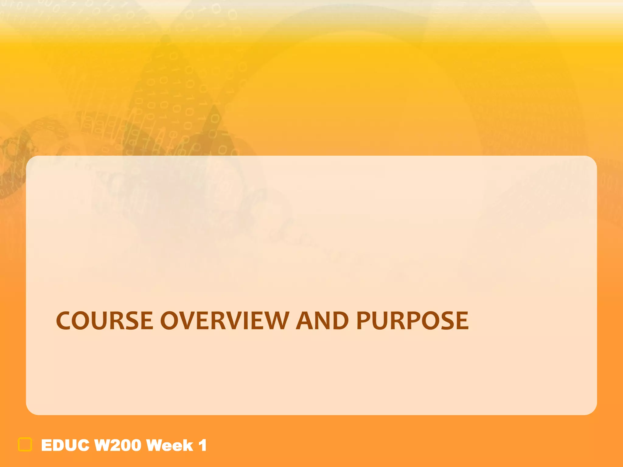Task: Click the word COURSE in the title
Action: pos(105,321)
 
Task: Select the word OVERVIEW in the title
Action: pos(224,321)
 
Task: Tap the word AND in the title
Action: pos(322,321)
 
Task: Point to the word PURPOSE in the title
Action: pos(412,321)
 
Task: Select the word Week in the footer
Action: pos(170,446)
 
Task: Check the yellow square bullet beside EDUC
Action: pos(25,445)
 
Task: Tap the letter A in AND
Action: pos(305,321)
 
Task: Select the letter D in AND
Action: pos(340,321)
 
